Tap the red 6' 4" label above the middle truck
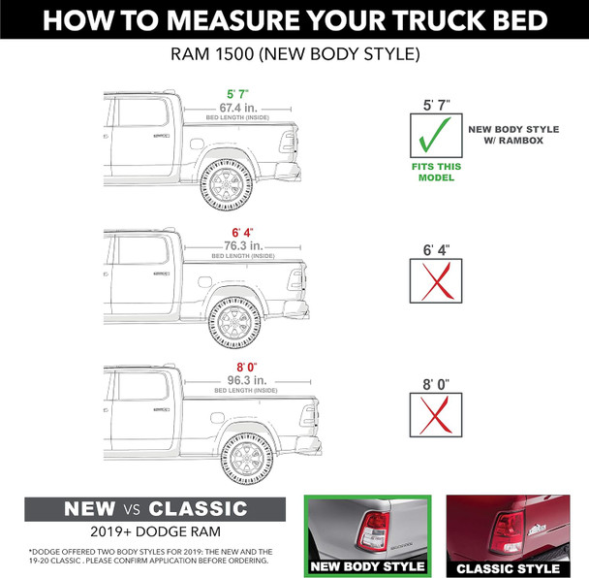coord(242,233)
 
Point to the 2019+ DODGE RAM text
coord(157,533)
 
